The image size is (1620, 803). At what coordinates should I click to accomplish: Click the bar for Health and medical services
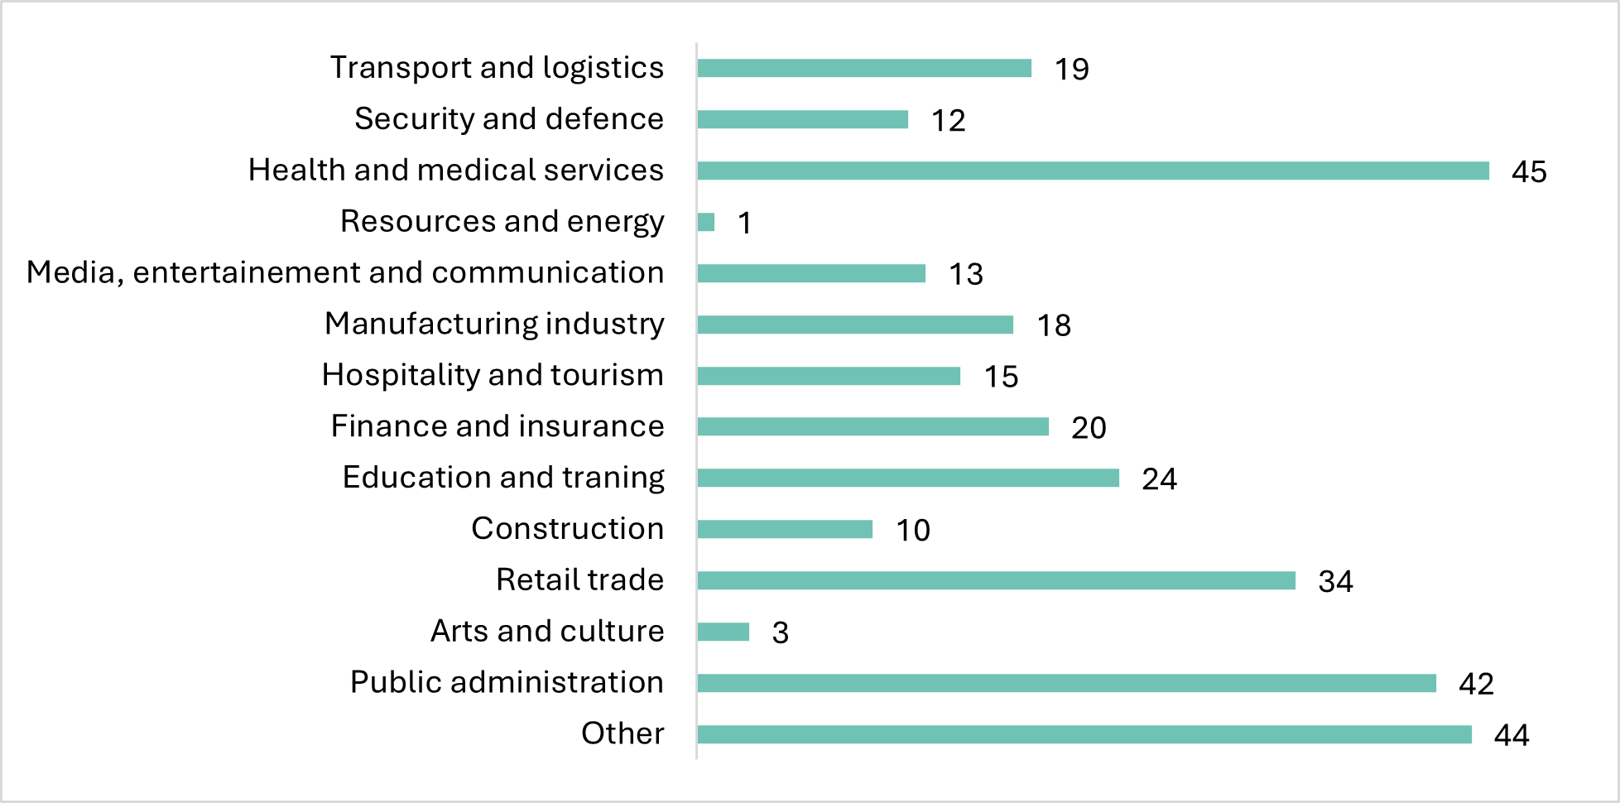tap(1093, 171)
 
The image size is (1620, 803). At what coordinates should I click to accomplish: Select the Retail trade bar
tap(996, 580)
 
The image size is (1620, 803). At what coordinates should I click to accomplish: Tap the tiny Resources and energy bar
tap(706, 222)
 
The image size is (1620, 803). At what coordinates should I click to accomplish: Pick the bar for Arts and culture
tap(723, 632)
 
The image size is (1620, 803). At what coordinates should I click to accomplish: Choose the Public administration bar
tap(1066, 683)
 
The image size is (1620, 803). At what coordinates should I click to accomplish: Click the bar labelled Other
tap(1084, 734)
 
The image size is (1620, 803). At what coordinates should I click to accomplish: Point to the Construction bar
tap(785, 529)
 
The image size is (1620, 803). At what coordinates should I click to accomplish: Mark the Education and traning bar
tap(908, 478)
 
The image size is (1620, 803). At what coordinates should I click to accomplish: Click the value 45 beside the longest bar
tap(1529, 171)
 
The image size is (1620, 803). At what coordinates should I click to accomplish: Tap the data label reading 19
tap(1071, 70)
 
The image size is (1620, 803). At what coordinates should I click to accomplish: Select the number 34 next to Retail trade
tap(1335, 581)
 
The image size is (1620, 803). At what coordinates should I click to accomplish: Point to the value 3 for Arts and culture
tap(780, 632)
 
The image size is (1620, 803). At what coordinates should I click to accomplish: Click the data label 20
tap(1089, 428)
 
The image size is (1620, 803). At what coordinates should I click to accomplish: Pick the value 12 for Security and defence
tap(948, 121)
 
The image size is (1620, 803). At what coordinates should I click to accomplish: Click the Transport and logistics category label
tap(497, 68)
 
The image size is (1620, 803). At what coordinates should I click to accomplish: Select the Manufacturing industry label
tap(494, 324)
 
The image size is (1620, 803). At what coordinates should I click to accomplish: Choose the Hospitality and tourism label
tap(493, 375)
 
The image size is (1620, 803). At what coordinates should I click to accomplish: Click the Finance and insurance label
tap(498, 426)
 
